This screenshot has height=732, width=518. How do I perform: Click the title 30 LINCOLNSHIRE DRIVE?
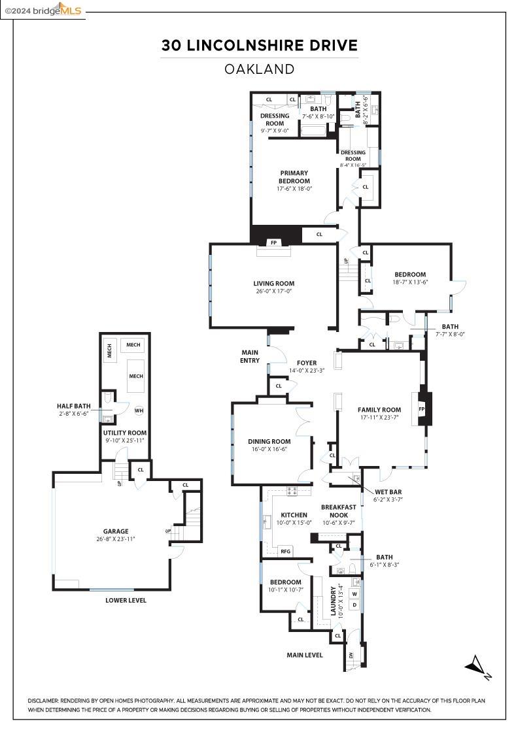[x=260, y=45]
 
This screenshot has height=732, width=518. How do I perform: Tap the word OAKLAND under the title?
[x=260, y=69]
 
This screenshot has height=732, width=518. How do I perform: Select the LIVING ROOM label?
[x=274, y=284]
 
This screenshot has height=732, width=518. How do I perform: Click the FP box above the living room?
[x=273, y=242]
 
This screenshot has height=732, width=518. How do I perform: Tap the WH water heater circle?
[x=139, y=410]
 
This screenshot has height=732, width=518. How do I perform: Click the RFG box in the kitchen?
[x=286, y=552]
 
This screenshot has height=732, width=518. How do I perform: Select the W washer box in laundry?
[x=355, y=594]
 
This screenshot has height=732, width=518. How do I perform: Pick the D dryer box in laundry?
[x=355, y=605]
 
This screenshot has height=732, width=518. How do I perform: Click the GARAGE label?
[x=115, y=531]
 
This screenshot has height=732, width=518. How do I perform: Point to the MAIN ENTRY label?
[x=250, y=356]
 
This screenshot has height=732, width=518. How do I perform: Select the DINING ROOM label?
[x=269, y=441]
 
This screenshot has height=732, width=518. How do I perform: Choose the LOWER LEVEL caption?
[x=126, y=600]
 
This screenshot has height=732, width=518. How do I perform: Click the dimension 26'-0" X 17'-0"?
[x=274, y=292]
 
